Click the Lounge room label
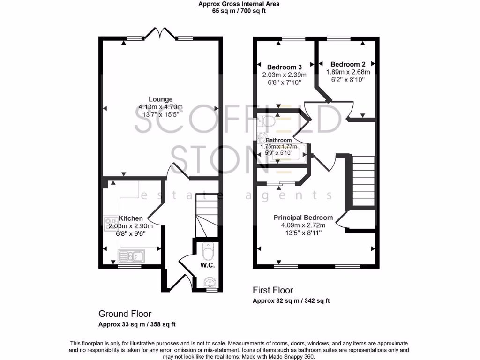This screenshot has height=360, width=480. click(161, 99)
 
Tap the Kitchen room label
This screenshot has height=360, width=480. click(130, 218)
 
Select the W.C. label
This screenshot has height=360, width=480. click(207, 265)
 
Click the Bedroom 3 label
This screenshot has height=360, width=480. click(285, 67)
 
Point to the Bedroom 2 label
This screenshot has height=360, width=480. click(348, 64)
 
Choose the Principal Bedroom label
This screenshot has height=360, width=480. click(303, 217)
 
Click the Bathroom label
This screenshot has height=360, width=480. click(279, 140)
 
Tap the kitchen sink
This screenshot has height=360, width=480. click(131, 256)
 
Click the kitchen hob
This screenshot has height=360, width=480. click(112, 221)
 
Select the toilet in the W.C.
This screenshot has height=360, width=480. click(208, 252)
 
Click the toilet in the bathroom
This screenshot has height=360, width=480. click(266, 122)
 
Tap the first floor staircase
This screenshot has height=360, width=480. click(363, 183)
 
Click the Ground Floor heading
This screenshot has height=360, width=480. click(125, 314)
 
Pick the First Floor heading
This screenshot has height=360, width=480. click(273, 290)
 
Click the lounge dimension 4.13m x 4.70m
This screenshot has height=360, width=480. click(161, 107)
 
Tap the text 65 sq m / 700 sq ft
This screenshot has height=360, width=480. click(239, 11)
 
